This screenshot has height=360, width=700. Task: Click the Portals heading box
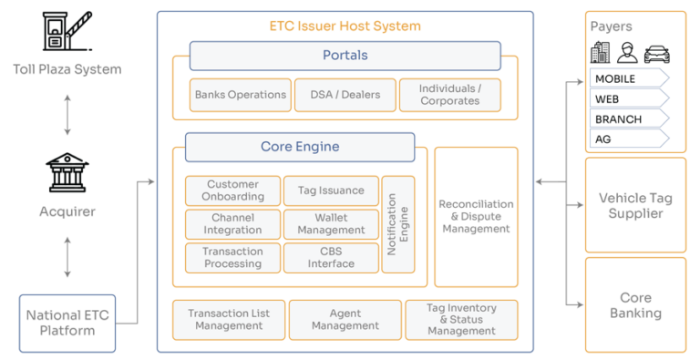[345, 56]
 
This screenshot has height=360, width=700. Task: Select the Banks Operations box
[240, 95]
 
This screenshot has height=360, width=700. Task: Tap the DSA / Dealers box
[344, 95]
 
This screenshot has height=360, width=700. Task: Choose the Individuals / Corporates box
[449, 95]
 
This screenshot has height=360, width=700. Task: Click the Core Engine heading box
[300, 147]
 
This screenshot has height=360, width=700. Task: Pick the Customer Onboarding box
[232, 190]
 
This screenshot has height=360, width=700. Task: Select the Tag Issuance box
[331, 190]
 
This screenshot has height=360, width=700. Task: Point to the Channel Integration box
[232, 224]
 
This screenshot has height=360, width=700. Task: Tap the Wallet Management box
[331, 224]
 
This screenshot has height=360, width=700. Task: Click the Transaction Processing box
[232, 258]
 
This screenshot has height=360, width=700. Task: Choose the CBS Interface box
[331, 258]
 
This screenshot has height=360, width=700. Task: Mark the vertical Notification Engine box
[398, 224]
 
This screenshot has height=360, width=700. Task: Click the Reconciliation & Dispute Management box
[477, 217]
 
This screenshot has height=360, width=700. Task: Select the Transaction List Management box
[229, 319]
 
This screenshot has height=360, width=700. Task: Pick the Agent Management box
[345, 319]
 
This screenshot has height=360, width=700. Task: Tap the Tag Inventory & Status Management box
[460, 319]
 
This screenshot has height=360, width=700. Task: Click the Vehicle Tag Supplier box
[635, 206]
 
